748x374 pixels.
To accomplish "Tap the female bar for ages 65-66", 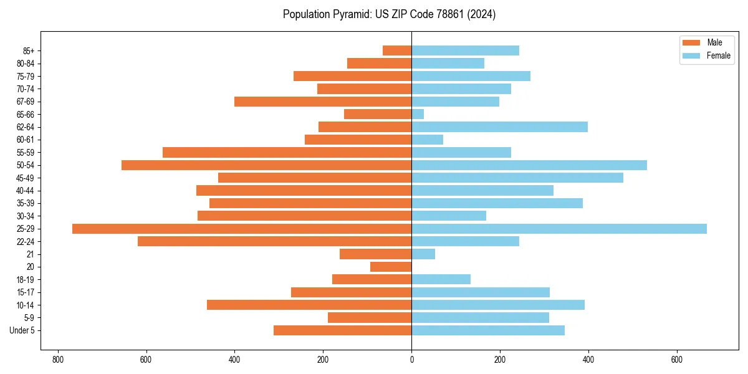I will tap(418, 114).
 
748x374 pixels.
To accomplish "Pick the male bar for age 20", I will tap(391, 267).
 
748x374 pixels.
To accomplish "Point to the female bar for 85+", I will tap(465, 50).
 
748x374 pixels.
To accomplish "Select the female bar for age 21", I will tap(423, 254).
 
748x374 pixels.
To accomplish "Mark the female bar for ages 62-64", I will tap(499, 127).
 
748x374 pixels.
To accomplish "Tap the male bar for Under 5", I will tap(342, 330).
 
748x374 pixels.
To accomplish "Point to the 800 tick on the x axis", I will tap(58, 360).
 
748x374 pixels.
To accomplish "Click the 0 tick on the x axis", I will tap(411, 360).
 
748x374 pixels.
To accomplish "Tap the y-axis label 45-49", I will tap(26, 178).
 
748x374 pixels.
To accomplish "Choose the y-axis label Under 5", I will tap(22, 330).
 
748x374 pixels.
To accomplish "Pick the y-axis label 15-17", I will tap(26, 292).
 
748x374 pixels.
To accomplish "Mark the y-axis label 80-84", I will tap(26, 64).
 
